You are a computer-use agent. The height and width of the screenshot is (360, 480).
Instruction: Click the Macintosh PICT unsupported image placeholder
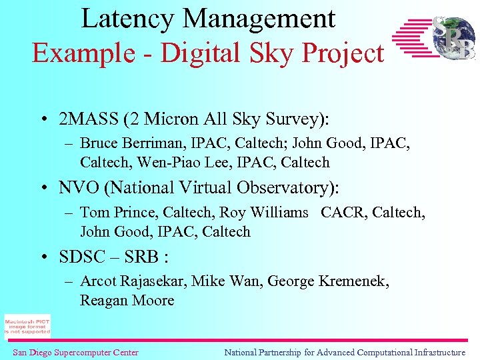(x=27, y=325)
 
